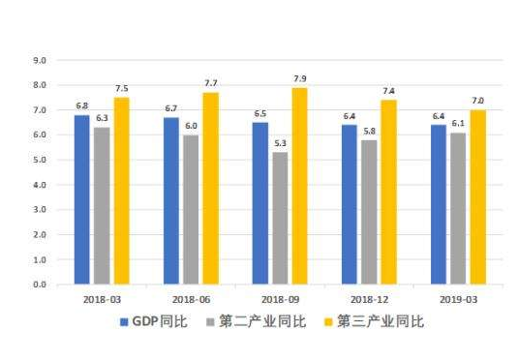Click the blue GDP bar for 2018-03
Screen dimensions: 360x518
81,199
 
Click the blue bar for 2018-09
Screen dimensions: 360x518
259,203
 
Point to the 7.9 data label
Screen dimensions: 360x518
300,78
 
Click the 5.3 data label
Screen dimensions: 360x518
280,144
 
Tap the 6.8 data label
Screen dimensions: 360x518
81,106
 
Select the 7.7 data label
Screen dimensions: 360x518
210,83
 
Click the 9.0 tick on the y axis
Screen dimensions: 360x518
41,60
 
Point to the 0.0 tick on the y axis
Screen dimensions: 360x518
41,285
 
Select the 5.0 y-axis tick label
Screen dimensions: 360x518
41,160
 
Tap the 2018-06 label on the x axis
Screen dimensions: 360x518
190,301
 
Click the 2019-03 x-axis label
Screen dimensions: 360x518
458,301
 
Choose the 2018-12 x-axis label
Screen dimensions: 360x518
369,301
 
